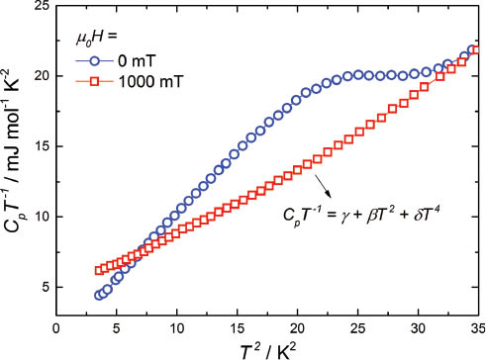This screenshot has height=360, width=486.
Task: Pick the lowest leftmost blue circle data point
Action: tap(98, 296)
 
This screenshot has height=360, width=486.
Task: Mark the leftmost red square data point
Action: tap(98, 270)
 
